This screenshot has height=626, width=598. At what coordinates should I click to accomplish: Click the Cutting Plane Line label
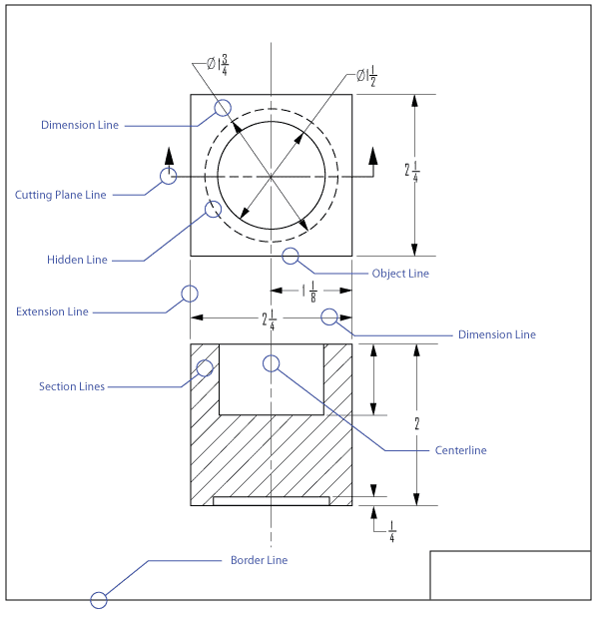tap(60, 195)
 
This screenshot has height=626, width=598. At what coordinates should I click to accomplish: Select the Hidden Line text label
tap(77, 260)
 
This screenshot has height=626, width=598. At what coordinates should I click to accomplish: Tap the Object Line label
tap(400, 274)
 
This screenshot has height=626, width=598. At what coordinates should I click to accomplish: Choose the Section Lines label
tap(72, 386)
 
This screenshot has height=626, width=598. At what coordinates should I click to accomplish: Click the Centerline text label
tap(460, 450)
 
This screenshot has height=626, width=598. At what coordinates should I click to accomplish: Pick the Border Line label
tap(259, 560)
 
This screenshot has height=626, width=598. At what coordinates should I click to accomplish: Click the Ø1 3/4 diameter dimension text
tap(218, 65)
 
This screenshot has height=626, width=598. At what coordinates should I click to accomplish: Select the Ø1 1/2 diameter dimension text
tap(366, 77)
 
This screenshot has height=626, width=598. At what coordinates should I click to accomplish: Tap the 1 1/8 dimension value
tap(309, 292)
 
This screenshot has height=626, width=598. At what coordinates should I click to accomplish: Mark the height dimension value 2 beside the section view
tap(416, 423)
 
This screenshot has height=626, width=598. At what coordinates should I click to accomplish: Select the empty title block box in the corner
tap(510, 575)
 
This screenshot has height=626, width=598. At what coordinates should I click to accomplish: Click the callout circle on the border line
tap(99, 600)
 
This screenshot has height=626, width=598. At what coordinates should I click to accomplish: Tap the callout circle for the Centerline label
tap(271, 362)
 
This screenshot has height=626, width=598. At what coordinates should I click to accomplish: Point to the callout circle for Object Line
tap(291, 257)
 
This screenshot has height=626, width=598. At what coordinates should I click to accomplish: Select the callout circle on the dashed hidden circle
tap(213, 209)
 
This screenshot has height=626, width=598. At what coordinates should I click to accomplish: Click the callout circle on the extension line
tap(189, 294)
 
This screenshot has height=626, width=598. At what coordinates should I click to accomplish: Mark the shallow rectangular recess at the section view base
tap(271, 500)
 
